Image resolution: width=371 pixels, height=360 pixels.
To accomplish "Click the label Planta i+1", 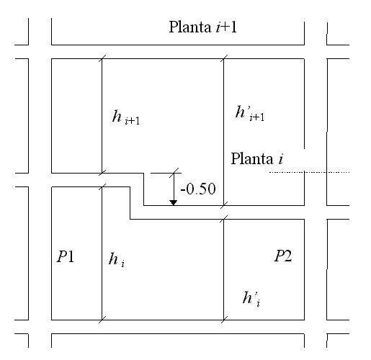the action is tap(203, 27).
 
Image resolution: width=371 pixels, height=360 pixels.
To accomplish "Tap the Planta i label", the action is tap(257, 158).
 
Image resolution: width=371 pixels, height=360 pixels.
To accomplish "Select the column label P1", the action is tap(66, 256).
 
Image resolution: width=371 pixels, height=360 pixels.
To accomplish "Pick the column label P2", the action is tap(283, 256).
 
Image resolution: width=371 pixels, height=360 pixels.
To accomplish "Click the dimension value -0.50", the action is tap(198, 189).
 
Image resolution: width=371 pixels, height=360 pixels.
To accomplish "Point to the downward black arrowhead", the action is tap(174, 203).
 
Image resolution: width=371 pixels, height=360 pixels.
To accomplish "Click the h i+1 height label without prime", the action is tap(126, 117).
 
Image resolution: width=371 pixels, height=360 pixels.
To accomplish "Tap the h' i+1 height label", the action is tap(250, 113).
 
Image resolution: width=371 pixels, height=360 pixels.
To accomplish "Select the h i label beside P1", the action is tap(117, 260).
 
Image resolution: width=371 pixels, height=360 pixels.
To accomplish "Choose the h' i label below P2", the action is tap(251, 299).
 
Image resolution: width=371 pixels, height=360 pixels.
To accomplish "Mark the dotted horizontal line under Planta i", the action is tap(309, 172).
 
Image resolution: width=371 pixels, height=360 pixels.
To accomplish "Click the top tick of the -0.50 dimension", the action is tap(174, 173).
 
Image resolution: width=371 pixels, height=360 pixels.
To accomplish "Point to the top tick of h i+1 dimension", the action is tap(102, 58).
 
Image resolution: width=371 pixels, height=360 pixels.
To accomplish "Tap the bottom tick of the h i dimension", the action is tap(102, 320).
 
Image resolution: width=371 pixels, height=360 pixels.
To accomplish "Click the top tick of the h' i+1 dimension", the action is tap(224, 58).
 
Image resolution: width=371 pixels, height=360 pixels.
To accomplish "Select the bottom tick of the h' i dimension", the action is tap(224, 320).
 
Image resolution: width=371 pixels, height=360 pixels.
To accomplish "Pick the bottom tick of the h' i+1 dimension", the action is tap(224, 205).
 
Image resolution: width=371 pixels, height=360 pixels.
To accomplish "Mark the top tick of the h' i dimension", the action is tap(224, 219).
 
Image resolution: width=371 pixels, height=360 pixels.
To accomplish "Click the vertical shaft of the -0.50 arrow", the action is tap(174, 186).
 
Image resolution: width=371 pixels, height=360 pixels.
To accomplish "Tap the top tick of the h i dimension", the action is tap(102, 186).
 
